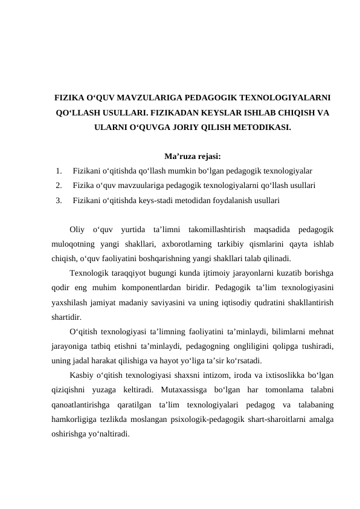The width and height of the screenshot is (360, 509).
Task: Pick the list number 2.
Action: click(x=58, y=184)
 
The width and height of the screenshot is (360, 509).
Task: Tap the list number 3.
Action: click(x=58, y=198)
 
